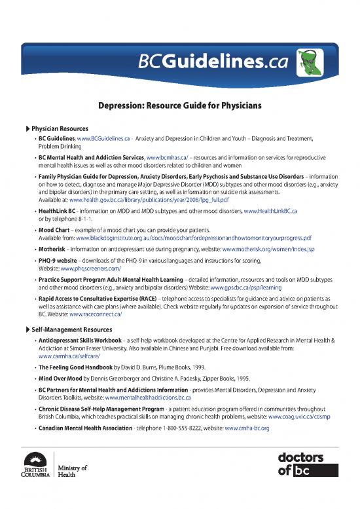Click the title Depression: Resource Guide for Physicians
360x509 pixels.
[x=180, y=105]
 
